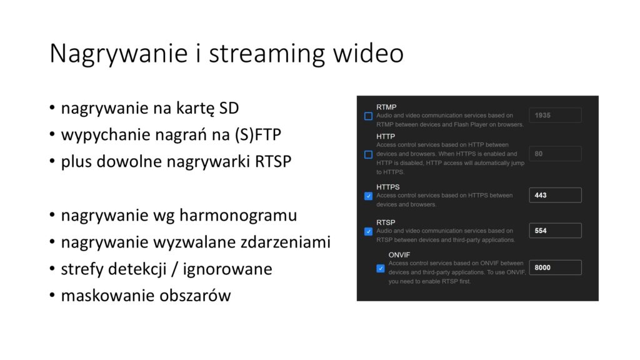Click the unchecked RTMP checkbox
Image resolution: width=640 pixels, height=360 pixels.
coord(368,116)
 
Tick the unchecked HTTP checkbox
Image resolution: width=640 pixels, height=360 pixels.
coord(368,154)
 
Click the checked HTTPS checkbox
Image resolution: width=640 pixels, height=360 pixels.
coord(368,196)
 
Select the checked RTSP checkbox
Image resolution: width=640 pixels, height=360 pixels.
coord(368,231)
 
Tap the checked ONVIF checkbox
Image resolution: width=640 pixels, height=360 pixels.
coord(381,268)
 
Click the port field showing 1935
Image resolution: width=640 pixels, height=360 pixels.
coord(555,115)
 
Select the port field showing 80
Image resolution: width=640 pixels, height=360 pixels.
coord(555,154)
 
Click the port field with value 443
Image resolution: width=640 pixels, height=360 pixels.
coord(555,195)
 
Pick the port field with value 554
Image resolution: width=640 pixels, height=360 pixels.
coord(555,231)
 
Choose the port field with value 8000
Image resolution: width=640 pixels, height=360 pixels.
coord(555,267)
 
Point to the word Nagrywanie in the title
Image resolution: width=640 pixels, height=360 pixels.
coord(118,54)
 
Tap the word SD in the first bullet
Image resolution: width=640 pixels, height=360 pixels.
coord(229,108)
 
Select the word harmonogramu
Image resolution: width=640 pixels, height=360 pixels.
coord(238,216)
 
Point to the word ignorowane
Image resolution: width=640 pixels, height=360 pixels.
coord(227,269)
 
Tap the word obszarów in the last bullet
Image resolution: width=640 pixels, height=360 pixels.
coord(195,296)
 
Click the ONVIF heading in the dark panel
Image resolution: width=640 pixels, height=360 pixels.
coord(399,255)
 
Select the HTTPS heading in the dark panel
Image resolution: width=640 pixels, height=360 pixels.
coord(387,187)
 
